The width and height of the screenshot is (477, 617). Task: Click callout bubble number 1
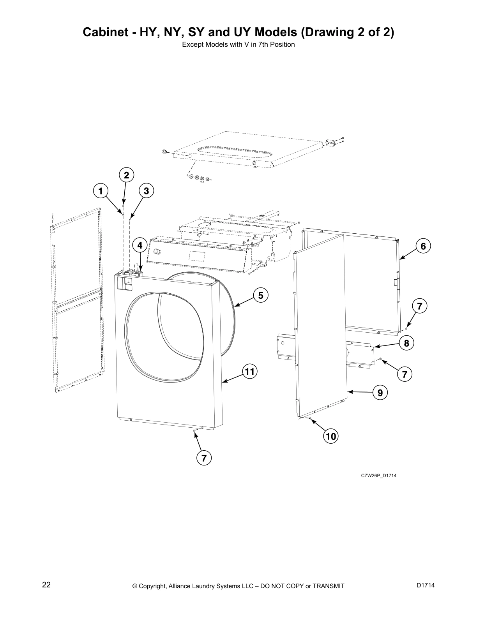101,191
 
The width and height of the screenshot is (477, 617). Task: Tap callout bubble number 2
126,175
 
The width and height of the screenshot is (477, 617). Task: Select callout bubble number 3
146,191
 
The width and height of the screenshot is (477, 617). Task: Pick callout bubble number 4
140,246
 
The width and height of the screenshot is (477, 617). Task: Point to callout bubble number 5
261,295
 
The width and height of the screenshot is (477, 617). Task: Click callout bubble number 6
423,246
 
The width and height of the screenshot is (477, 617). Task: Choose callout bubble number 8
406,343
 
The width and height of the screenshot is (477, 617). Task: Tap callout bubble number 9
380,392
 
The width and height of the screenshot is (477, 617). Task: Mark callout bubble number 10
331,437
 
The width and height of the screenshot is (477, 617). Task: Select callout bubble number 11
249,372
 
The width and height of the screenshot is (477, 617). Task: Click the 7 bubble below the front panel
204,458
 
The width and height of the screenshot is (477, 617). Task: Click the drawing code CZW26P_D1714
378,475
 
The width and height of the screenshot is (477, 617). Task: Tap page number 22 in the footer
46,585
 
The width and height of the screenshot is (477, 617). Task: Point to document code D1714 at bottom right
425,585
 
